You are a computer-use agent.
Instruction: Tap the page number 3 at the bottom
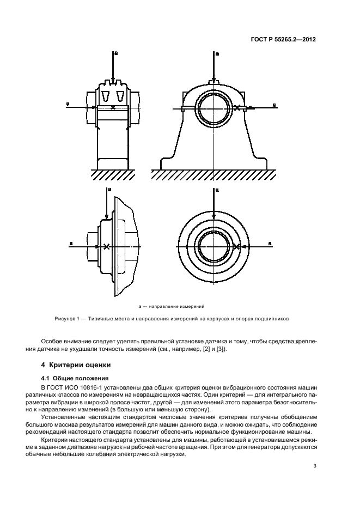pos(315,466)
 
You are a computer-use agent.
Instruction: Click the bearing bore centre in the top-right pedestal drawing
pos(214,107)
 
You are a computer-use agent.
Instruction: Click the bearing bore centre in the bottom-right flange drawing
pos(214,247)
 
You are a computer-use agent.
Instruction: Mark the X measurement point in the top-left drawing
pos(113,108)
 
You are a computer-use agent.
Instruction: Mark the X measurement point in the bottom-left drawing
pos(107,247)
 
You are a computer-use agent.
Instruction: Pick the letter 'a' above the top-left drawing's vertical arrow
pos(116,53)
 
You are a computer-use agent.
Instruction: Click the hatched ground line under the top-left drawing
pos(113,175)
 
